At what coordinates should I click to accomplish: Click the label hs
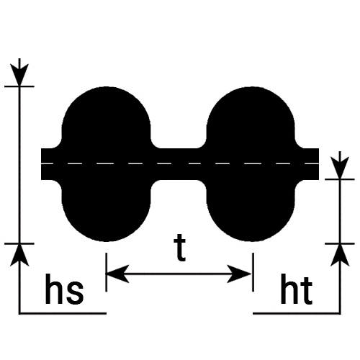click(x=64, y=289)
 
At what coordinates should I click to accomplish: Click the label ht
click(x=297, y=289)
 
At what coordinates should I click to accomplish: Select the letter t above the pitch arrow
click(x=180, y=248)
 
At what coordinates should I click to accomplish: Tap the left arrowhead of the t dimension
click(x=117, y=274)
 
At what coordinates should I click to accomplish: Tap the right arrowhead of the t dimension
click(x=240, y=274)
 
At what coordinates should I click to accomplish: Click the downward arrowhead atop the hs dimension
click(x=19, y=74)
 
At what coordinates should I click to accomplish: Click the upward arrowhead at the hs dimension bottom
click(x=19, y=255)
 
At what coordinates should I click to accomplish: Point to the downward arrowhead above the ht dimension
click(x=340, y=168)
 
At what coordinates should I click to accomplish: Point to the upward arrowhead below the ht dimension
click(x=340, y=255)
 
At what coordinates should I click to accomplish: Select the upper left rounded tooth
click(x=107, y=117)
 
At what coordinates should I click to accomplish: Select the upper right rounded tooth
click(x=251, y=117)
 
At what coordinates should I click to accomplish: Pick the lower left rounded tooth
click(x=107, y=210)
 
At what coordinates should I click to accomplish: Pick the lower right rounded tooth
click(x=251, y=210)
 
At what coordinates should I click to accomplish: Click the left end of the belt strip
click(x=41, y=164)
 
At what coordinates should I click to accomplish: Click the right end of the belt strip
click(x=319, y=164)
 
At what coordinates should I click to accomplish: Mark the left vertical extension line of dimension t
click(x=107, y=272)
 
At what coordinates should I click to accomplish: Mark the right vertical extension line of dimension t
click(x=253, y=272)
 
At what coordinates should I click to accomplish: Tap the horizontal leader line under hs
click(x=63, y=313)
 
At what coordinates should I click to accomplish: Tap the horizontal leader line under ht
click(x=297, y=313)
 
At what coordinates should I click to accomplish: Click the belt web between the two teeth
click(x=179, y=164)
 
